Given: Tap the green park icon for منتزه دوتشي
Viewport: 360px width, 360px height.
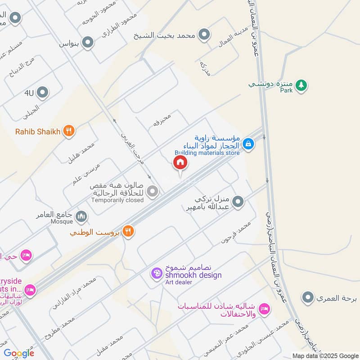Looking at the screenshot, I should coord(301,84).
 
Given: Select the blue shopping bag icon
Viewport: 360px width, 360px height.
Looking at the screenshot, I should coord(247,144).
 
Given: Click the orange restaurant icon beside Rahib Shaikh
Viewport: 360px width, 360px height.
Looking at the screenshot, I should coord(68,131).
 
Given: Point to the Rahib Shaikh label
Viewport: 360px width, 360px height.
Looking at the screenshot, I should coord(38,131).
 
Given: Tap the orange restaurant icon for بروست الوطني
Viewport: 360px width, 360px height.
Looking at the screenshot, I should coord(129,231).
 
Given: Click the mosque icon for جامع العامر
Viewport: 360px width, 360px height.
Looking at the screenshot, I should coord(81,217).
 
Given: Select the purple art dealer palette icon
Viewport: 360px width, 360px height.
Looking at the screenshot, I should coord(156,273).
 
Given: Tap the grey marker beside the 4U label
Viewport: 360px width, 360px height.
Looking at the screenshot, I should coord(43,93).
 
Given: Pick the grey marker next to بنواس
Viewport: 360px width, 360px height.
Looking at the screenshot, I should coord(88,43).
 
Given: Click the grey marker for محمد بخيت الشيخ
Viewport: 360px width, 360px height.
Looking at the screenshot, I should coord(205,35).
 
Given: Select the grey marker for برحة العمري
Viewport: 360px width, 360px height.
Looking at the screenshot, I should coord(308,297).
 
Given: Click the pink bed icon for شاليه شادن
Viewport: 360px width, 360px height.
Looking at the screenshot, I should coord(265,309).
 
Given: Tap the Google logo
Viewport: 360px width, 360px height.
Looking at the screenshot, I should coord(19,353).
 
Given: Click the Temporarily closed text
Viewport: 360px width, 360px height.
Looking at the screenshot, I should coord(117,200).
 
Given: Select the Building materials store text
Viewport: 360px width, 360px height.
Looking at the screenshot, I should coord(207,152).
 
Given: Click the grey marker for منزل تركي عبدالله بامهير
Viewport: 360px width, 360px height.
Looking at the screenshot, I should coord(238,202).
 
